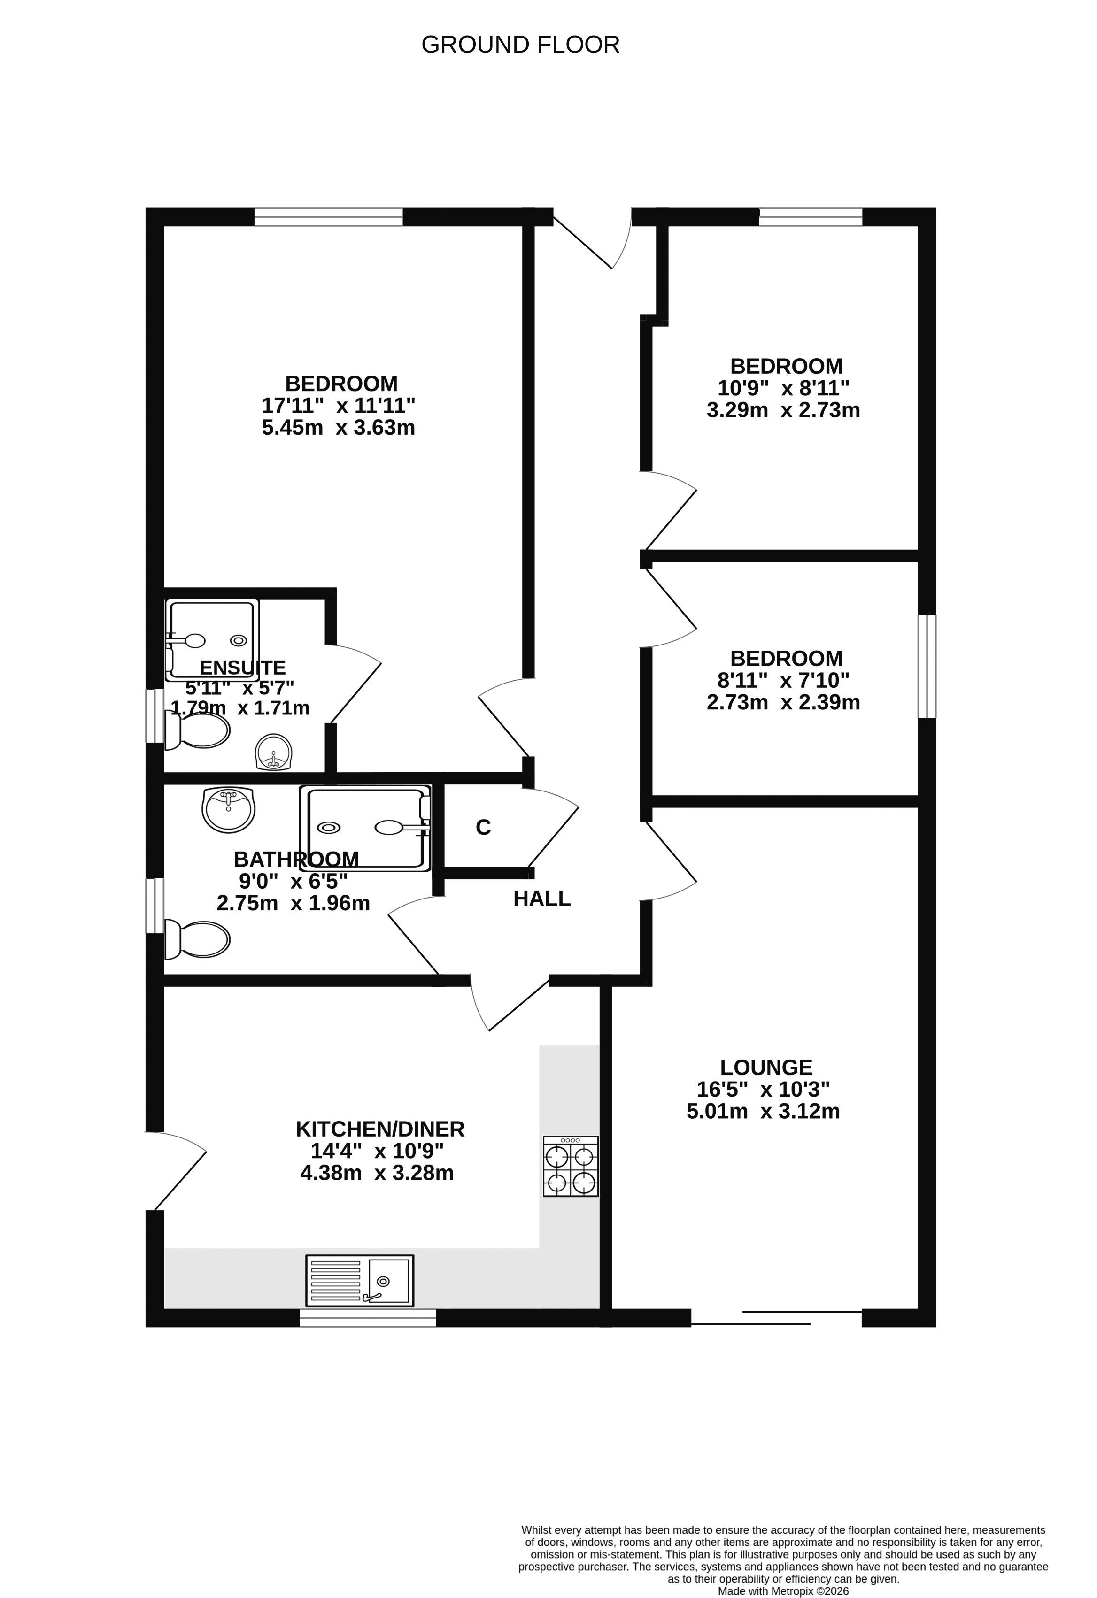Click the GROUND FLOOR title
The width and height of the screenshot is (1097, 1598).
521,45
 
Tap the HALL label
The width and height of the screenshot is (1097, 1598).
542,899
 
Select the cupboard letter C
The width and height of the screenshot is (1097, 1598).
484,827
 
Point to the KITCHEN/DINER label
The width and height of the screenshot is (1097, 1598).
380,1129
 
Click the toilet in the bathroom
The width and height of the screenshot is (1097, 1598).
197,939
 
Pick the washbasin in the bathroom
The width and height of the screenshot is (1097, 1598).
228,809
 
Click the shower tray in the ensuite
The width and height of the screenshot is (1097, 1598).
212,640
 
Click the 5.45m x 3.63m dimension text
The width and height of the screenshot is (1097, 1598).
339,428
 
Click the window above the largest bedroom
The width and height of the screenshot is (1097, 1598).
329,217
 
